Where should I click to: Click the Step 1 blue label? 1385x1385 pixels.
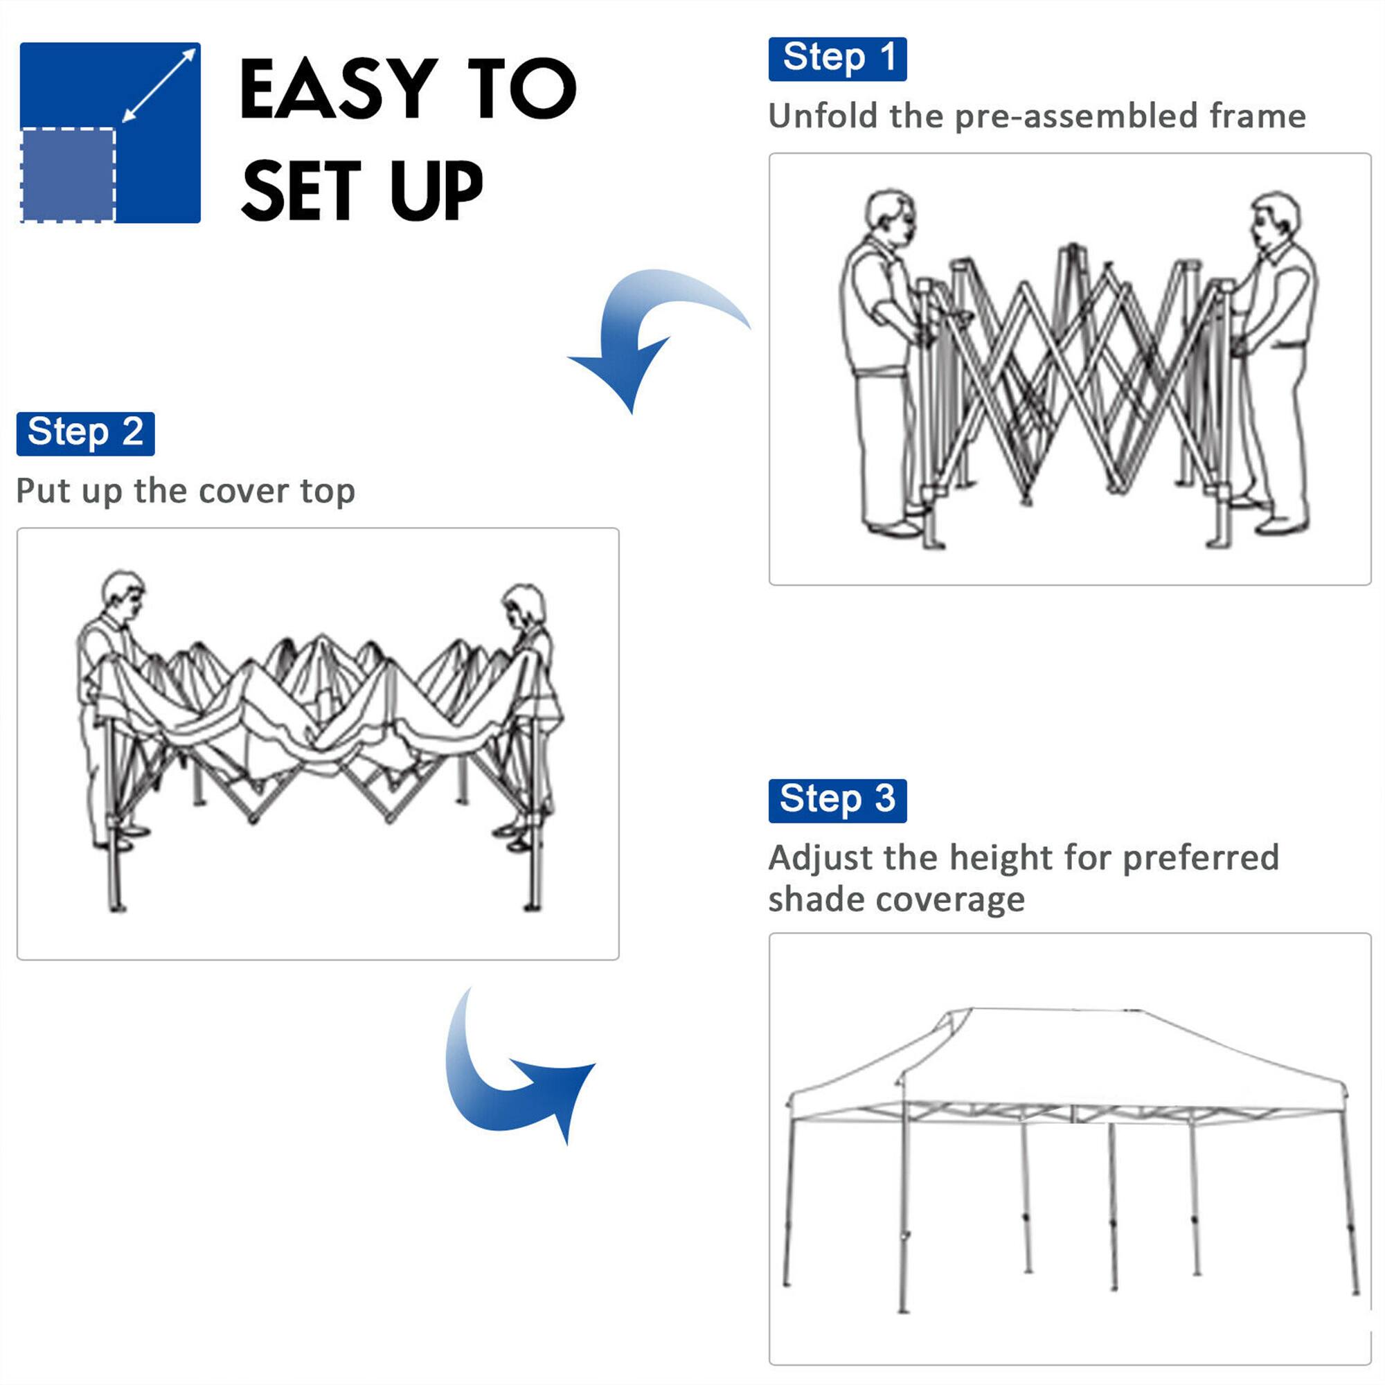pyautogui.click(x=837, y=59)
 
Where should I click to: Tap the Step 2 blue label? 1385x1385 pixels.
pyautogui.click(x=85, y=434)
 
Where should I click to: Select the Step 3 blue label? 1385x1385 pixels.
pyautogui.click(x=837, y=801)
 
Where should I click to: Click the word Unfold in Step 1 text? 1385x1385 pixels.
pyautogui.click(x=822, y=116)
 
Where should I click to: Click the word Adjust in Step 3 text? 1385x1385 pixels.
pyautogui.click(x=820, y=859)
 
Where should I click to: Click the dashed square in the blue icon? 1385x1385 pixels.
pyautogui.click(x=68, y=175)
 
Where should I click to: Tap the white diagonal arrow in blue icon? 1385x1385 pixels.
pyautogui.click(x=159, y=84)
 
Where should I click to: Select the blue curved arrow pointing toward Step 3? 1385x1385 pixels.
pyautogui.click(x=509, y=1075)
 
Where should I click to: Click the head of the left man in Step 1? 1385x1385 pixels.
pyautogui.click(x=890, y=215)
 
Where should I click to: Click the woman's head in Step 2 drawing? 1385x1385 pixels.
pyautogui.click(x=525, y=607)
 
